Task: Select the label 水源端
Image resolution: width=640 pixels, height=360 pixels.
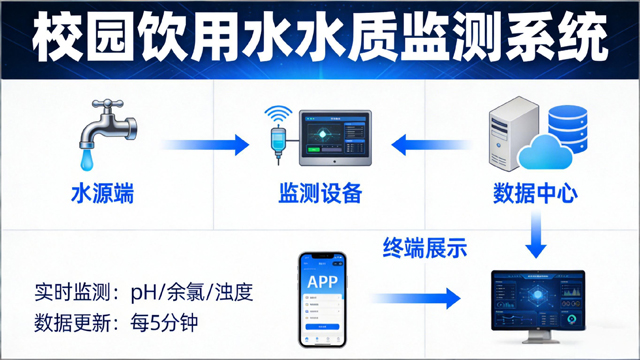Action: (101, 191)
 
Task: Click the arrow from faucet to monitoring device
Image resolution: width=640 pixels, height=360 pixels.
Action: (206, 146)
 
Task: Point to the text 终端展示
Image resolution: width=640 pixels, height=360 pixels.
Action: (425, 246)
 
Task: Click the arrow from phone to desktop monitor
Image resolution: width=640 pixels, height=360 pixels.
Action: (414, 297)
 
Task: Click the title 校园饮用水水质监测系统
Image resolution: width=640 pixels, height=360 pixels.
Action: (320, 38)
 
